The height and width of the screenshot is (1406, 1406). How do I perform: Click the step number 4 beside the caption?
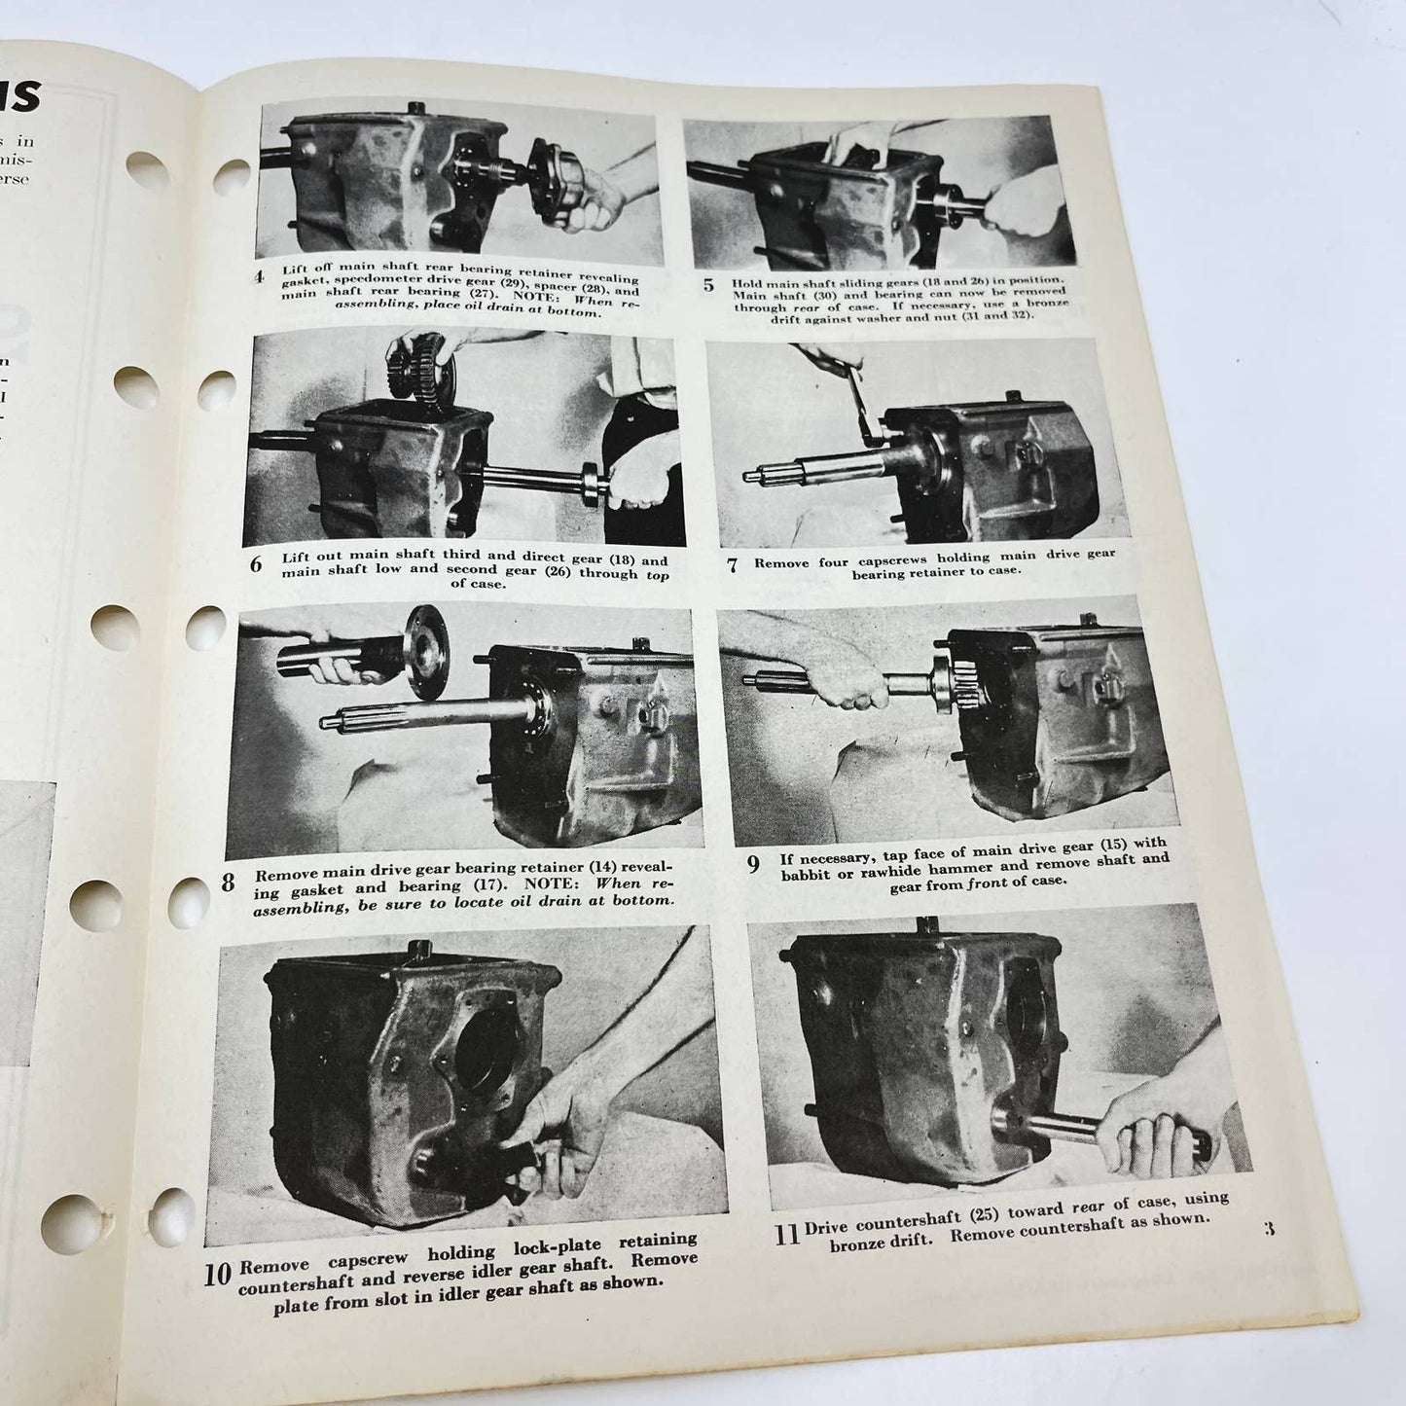click(x=259, y=277)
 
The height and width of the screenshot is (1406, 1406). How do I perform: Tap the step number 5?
click(x=708, y=286)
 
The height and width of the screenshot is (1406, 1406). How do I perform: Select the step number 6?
click(x=255, y=564)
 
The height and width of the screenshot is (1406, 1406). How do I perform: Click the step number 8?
click(x=227, y=883)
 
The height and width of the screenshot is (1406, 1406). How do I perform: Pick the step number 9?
click(x=753, y=863)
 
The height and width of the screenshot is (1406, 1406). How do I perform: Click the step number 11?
click(x=786, y=1234)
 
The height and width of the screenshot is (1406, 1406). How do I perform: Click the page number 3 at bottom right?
click(x=1268, y=1227)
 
